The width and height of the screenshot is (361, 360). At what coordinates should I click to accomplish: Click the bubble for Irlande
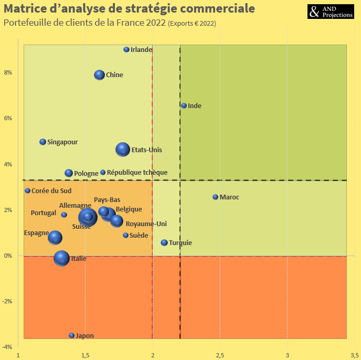pyautogui.click(x=126, y=50)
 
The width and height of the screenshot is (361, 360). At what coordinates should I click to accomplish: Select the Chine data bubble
pyautogui.click(x=99, y=75)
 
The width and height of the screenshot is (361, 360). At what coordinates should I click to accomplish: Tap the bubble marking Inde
pyautogui.click(x=184, y=105)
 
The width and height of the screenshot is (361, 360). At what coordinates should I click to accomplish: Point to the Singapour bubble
pyautogui.click(x=43, y=142)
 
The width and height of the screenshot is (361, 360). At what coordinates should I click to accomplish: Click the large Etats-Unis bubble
pyautogui.click(x=123, y=150)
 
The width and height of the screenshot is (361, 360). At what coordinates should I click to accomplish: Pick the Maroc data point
pyautogui.click(x=215, y=197)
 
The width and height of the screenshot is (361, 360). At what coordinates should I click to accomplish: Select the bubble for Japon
pyautogui.click(x=72, y=335)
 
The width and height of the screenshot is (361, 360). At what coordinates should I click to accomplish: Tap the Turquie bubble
pyautogui.click(x=164, y=243)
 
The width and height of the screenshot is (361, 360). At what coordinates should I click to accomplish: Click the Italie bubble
pyautogui.click(x=62, y=258)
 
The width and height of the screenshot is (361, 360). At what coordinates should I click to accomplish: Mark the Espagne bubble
pyautogui.click(x=55, y=238)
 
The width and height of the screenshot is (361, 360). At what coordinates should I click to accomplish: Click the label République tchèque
pyautogui.click(x=137, y=173)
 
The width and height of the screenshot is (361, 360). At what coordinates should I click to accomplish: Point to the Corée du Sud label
pyautogui.click(x=51, y=191)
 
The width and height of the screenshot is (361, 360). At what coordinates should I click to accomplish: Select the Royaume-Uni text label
pyautogui.click(x=146, y=224)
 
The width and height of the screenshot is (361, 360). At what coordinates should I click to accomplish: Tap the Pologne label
pyautogui.click(x=86, y=174)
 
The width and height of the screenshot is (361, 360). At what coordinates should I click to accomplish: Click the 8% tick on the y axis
pyautogui.click(x=9, y=72)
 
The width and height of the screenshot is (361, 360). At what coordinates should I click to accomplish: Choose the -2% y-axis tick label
pyautogui.click(x=8, y=301)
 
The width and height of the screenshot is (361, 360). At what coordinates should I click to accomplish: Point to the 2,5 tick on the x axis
pyautogui.click(x=220, y=355)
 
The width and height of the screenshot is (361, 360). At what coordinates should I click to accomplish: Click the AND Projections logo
pyautogui.click(x=330, y=12)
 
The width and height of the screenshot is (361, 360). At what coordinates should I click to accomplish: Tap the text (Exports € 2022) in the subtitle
pyautogui.click(x=192, y=24)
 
